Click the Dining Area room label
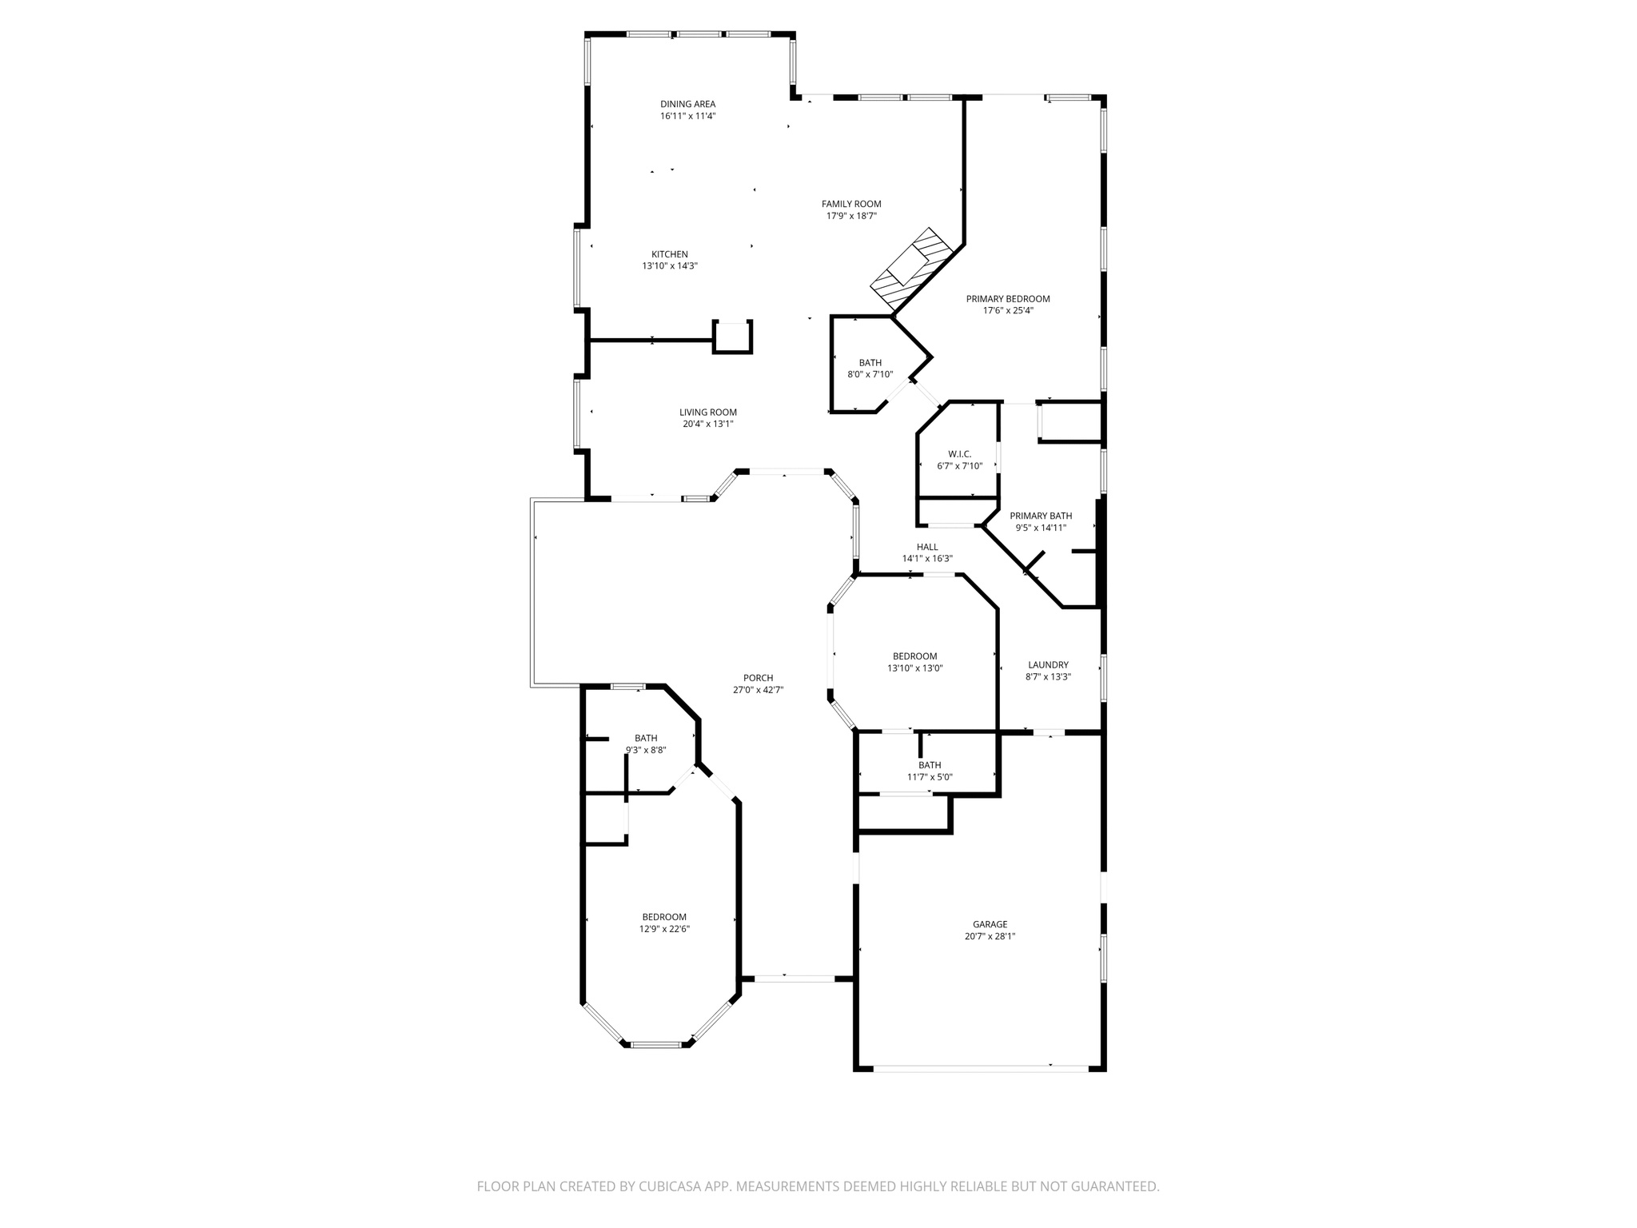[687, 104]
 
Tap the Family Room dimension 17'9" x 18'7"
[851, 216]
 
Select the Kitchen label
[669, 254]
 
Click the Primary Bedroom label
[1008, 299]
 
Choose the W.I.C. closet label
[959, 454]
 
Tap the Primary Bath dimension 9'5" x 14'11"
[1041, 528]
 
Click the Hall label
[927, 547]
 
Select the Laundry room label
[1048, 664]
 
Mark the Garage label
[990, 924]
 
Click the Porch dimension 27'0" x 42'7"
[758, 690]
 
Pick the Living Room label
[707, 413]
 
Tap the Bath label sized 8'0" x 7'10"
[870, 363]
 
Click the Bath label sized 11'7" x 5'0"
[930, 765]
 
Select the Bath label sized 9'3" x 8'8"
[646, 738]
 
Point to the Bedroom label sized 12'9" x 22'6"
[664, 917]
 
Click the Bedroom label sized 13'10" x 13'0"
[914, 656]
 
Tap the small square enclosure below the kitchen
[732, 337]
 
